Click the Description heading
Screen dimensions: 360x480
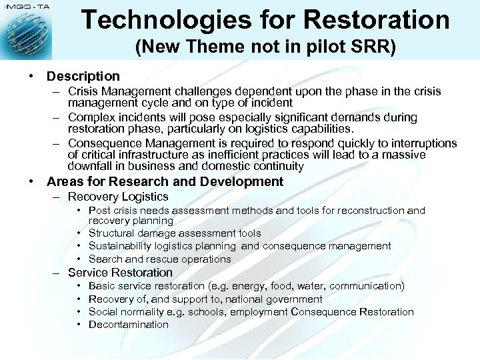pyautogui.click(x=83, y=77)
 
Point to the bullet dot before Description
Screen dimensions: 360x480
pyautogui.click(x=31, y=77)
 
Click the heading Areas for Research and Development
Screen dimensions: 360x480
pyautogui.click(x=165, y=182)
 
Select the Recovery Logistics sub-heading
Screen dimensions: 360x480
pyautogui.click(x=118, y=197)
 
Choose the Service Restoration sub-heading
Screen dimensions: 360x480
pyautogui.click(x=120, y=273)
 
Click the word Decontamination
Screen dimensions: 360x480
pyautogui.click(x=129, y=325)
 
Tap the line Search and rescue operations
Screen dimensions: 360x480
pyautogui.click(x=159, y=259)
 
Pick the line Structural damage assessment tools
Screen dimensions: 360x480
pyautogui.click(x=175, y=233)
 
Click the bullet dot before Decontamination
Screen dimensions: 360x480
pyautogui.click(x=79, y=325)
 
